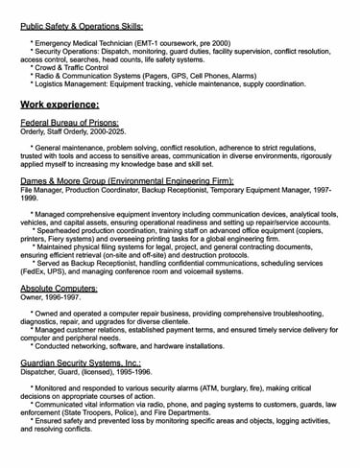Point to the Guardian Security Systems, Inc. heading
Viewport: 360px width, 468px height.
point(81,364)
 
